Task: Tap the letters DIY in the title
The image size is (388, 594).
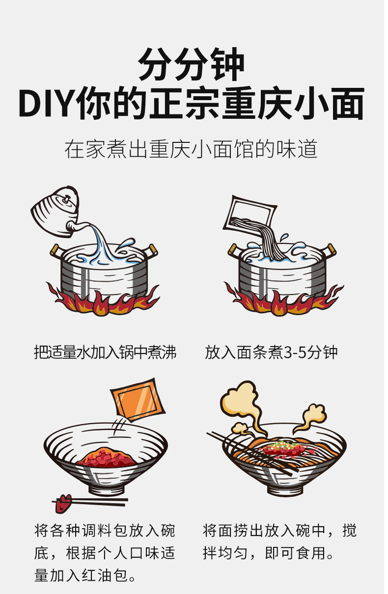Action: (47, 104)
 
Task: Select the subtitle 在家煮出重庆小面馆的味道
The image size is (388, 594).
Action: (191, 149)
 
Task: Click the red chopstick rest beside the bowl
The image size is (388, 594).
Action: (64, 501)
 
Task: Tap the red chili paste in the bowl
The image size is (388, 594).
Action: (106, 457)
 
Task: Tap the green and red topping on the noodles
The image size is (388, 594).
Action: (284, 448)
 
